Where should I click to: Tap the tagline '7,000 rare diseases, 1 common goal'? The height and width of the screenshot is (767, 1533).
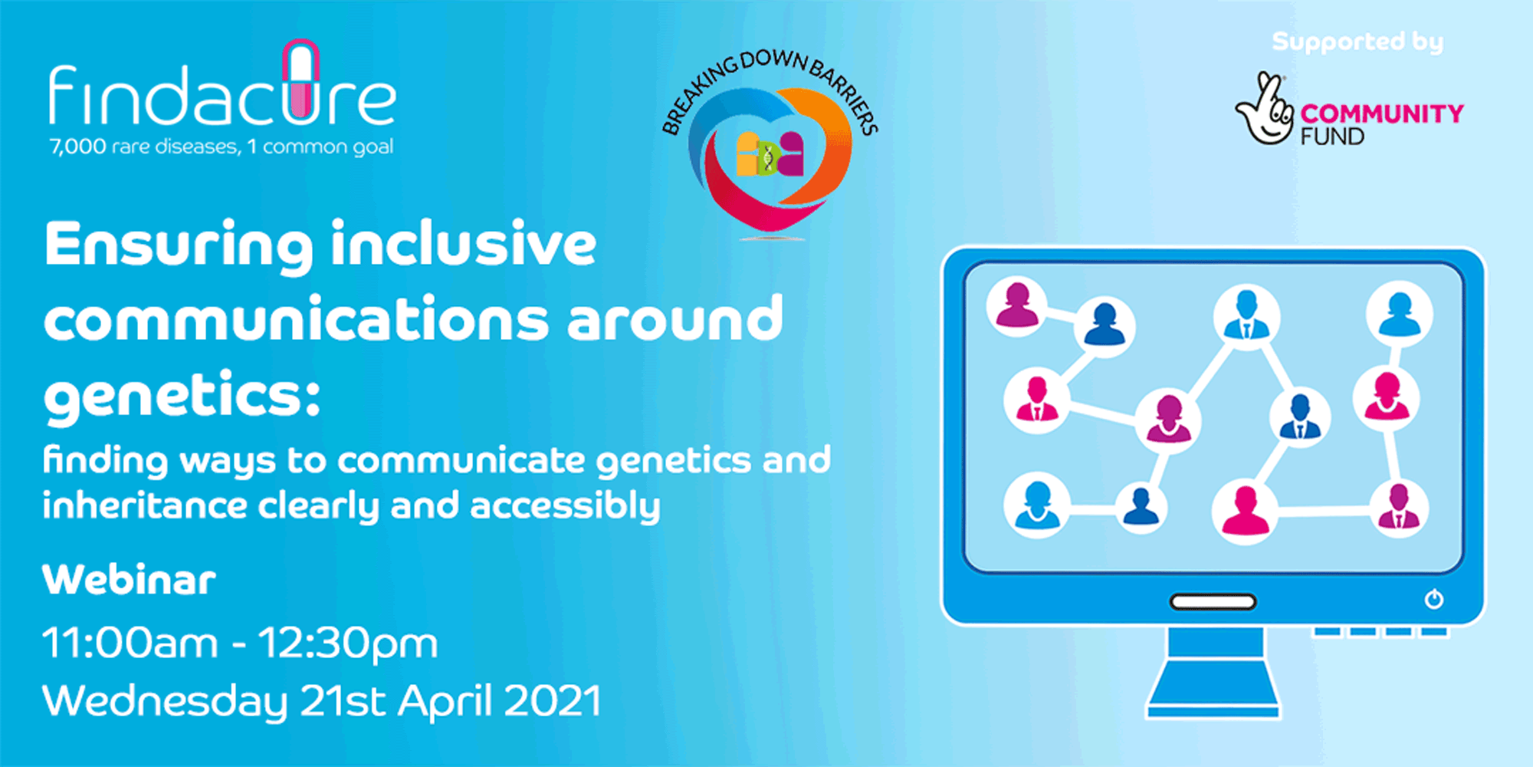pyautogui.click(x=222, y=146)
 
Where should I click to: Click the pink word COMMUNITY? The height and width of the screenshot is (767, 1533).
pyautogui.click(x=1382, y=114)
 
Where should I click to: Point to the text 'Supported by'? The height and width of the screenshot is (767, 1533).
pyautogui.click(x=1357, y=41)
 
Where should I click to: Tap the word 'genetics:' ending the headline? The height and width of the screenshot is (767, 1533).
pyautogui.click(x=182, y=395)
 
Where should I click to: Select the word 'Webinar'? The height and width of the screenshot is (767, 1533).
pyautogui.click(x=129, y=579)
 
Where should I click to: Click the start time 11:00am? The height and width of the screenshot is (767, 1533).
pyautogui.click(x=130, y=642)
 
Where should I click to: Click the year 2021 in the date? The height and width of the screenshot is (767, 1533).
pyautogui.click(x=552, y=700)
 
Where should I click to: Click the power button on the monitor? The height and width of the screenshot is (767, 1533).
pyautogui.click(x=1434, y=599)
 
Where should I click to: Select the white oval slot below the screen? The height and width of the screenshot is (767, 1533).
pyautogui.click(x=1213, y=602)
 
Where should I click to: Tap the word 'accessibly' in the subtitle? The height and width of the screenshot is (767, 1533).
pyautogui.click(x=565, y=506)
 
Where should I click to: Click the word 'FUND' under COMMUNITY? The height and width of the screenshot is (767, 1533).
pyautogui.click(x=1332, y=137)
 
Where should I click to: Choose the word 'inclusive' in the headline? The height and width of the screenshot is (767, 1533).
pyautogui.click(x=464, y=245)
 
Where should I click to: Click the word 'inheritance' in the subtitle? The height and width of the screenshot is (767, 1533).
pyautogui.click(x=145, y=505)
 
